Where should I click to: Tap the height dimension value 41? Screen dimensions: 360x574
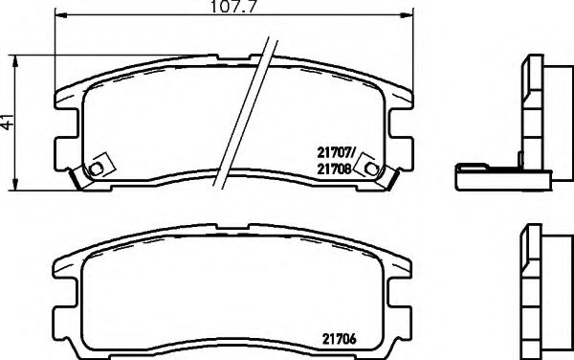click(9, 122)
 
